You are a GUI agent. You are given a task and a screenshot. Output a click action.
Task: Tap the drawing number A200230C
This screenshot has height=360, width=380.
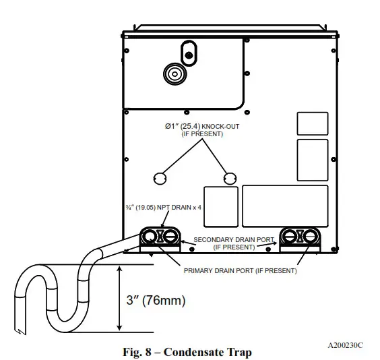pyautogui.click(x=345, y=344)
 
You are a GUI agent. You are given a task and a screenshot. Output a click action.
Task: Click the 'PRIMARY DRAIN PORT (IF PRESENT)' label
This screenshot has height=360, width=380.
pyautogui.click(x=240, y=270)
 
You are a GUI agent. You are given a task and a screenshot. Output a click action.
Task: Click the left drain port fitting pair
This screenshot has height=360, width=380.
pyautogui.click(x=161, y=236)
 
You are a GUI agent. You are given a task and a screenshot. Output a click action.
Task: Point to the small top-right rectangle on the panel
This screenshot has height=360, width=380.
pyautogui.click(x=312, y=123)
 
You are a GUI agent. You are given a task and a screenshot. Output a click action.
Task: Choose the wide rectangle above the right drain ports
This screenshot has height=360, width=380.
pyautogui.click(x=285, y=206)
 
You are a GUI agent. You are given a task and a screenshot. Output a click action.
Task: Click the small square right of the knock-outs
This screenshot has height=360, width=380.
pyautogui.click(x=221, y=206)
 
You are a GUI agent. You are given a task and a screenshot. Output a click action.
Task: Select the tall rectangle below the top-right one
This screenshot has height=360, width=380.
pyautogui.click(x=312, y=160)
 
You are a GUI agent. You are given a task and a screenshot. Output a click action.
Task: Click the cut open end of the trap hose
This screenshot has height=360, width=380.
pyautogui.click(x=22, y=331)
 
